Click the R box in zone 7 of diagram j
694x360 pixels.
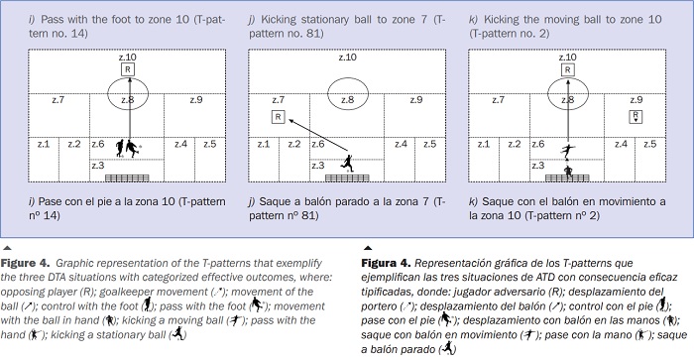point(279,117)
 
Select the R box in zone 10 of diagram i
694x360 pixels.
point(127,69)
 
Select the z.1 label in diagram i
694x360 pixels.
point(42,144)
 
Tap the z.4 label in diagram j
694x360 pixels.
point(399,144)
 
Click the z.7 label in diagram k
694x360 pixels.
point(495,99)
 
